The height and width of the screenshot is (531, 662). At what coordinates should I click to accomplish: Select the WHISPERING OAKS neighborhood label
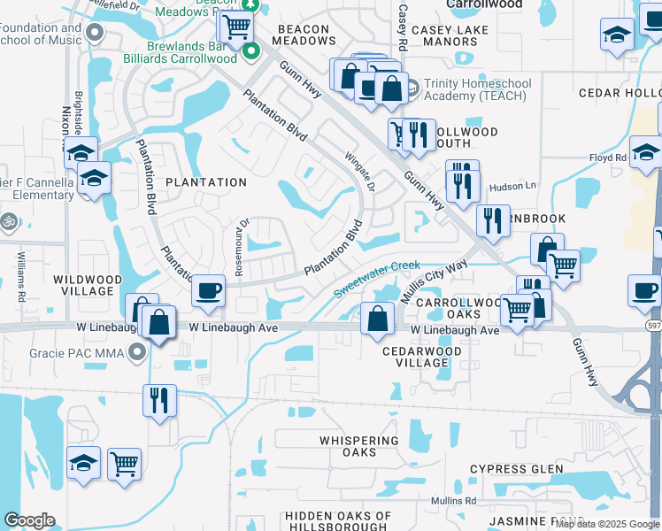359,446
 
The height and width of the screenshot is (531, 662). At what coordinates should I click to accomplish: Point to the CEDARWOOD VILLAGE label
415,357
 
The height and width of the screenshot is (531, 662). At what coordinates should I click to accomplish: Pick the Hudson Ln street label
513,186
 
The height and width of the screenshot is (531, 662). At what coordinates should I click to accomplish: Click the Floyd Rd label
608,158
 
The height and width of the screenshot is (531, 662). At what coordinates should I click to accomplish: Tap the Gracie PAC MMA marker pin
136,354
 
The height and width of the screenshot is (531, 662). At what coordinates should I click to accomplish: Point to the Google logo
28,520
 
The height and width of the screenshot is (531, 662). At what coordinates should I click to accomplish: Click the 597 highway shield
650,327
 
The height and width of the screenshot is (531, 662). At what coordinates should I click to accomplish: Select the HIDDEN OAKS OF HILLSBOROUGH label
338,521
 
